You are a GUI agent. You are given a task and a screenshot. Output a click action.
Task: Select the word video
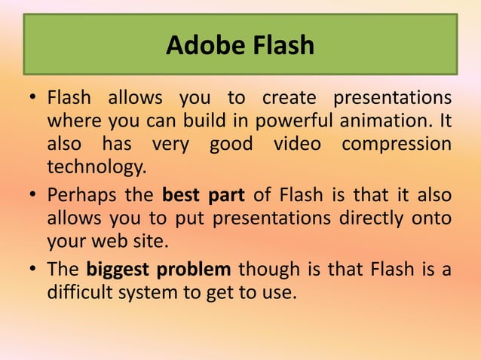coord(298,144)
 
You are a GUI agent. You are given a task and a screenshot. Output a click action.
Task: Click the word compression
coord(397,144)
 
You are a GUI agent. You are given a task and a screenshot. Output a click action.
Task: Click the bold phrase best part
coord(203,196)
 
